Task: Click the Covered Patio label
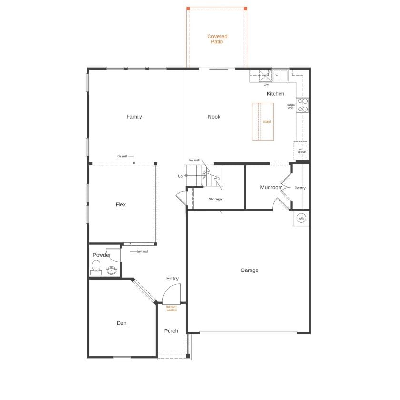tap(217, 39)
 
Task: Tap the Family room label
tap(134, 117)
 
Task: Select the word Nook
tap(214, 117)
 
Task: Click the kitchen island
tap(263, 121)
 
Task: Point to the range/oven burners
tap(303, 105)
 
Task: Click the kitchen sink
tap(280, 75)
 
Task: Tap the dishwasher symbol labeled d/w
tap(264, 76)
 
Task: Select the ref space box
tap(301, 150)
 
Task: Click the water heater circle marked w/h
tap(301, 218)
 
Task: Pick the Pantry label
tap(300, 188)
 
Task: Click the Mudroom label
tap(271, 187)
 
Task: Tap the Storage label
tap(215, 199)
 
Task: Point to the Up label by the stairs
tap(180, 176)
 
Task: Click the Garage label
tap(249, 270)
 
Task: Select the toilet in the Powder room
tap(96, 267)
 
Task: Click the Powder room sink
tap(111, 271)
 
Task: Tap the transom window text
tap(171, 308)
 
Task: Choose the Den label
tap(121, 323)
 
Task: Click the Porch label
tap(171, 331)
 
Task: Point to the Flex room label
tap(120, 204)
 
